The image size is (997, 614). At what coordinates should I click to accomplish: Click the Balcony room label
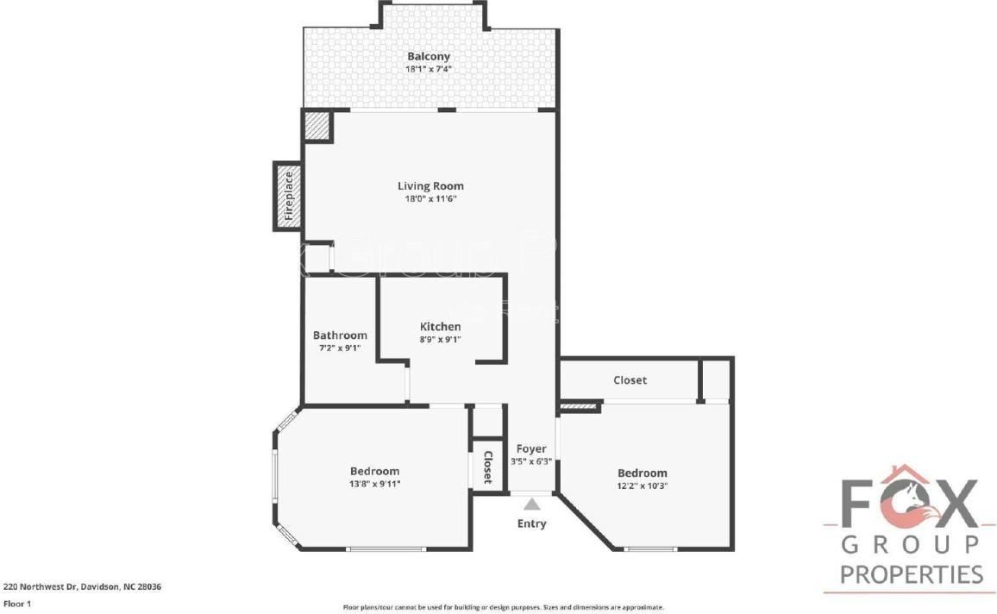pyautogui.click(x=429, y=56)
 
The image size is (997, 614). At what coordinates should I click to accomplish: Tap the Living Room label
pyautogui.click(x=430, y=185)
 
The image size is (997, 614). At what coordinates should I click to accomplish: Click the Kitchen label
pyautogui.click(x=440, y=327)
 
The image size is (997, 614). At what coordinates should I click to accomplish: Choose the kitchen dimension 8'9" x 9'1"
pyautogui.click(x=440, y=339)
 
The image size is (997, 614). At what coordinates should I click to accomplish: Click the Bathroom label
pyautogui.click(x=340, y=335)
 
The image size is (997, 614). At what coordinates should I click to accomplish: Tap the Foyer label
pyautogui.click(x=531, y=448)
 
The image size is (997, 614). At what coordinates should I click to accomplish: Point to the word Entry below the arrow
pyautogui.click(x=531, y=523)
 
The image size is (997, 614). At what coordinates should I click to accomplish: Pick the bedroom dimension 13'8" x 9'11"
pyautogui.click(x=374, y=483)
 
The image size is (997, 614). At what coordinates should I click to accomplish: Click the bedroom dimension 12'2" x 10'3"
pyautogui.click(x=643, y=485)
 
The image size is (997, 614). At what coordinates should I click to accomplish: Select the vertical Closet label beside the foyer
pyautogui.click(x=487, y=467)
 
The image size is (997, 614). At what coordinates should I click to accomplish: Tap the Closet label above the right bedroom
pyautogui.click(x=630, y=379)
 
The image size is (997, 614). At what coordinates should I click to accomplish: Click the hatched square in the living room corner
pyautogui.click(x=317, y=126)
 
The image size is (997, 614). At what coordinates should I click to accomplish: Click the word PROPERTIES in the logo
pyautogui.click(x=912, y=573)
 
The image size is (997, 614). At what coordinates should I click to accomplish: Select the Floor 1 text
pyautogui.click(x=17, y=605)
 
